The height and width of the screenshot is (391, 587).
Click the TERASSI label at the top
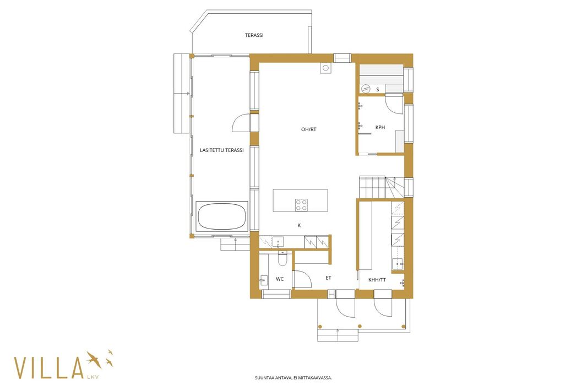click(x=254, y=35)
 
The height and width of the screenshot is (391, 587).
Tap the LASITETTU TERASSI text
click(x=221, y=150)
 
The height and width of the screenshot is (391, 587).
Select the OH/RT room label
click(x=308, y=129)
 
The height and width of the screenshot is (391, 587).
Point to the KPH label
click(x=380, y=127)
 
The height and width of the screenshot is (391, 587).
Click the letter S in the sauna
click(x=378, y=90)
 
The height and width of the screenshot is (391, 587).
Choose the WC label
click(x=280, y=279)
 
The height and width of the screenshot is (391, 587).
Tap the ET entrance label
click(x=328, y=278)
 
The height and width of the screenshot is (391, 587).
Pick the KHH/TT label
click(x=377, y=280)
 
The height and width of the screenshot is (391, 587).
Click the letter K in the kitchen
click(x=299, y=225)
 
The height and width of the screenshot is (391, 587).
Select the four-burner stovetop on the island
click(x=301, y=205)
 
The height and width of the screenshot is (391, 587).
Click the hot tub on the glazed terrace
click(x=221, y=216)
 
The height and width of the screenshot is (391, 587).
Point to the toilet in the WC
click(x=282, y=258)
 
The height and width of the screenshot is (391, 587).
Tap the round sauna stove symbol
click(x=366, y=89)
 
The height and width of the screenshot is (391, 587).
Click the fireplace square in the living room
click(x=325, y=68)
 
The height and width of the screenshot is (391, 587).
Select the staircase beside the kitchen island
click(x=382, y=187)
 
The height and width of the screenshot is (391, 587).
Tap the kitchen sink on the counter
click(x=278, y=242)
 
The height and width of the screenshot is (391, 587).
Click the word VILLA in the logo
click(x=48, y=368)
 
